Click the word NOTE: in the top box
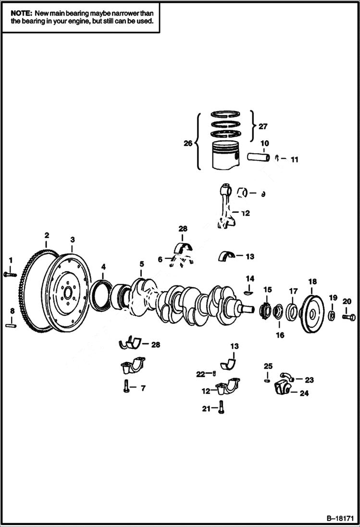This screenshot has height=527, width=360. pyautogui.click(x=21, y=14)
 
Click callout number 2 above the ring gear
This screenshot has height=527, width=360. pyautogui.click(x=47, y=235)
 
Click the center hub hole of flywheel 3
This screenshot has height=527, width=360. pyautogui.click(x=67, y=292)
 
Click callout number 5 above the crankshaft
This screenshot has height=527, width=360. pyautogui.click(x=142, y=264)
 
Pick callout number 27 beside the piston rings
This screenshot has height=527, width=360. pyautogui.click(x=262, y=127)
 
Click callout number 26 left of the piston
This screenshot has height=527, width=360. pyautogui.click(x=187, y=143)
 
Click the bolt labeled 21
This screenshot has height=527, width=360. pyautogui.click(x=221, y=408)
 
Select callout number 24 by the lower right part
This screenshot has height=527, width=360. pyautogui.click(x=304, y=393)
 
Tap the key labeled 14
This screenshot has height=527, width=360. pyautogui.click(x=248, y=291)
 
